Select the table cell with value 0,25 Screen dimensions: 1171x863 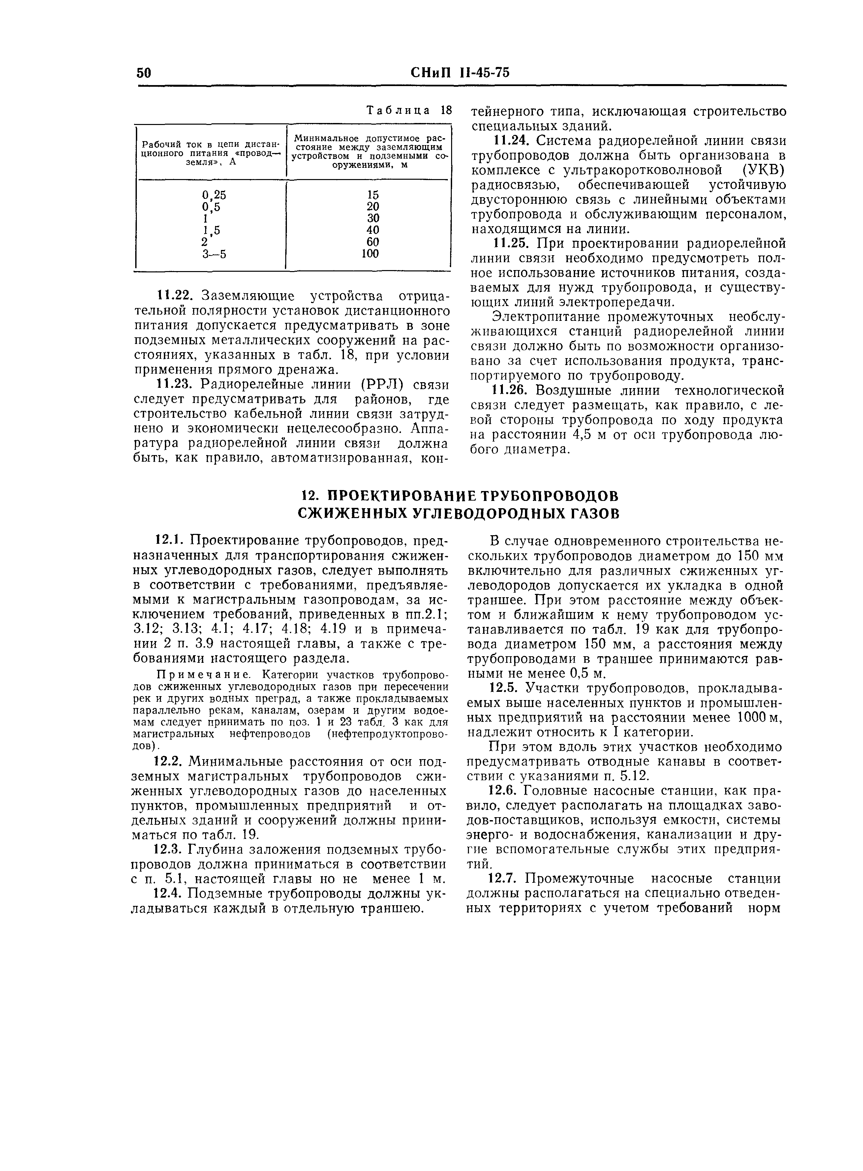pos(214,195)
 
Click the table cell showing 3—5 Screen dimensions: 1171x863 pos(214,254)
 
